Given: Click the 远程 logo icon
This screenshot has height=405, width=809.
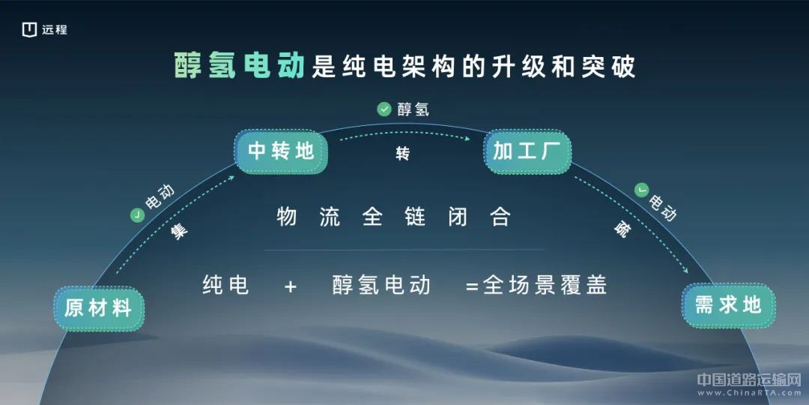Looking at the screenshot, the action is (29, 30).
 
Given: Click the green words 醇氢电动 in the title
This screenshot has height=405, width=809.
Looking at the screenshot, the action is (240, 67).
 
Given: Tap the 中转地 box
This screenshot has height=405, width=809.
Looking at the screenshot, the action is (281, 151).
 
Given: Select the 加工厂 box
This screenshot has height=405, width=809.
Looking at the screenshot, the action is (527, 151).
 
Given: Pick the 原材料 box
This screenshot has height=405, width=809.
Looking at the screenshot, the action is (99, 308).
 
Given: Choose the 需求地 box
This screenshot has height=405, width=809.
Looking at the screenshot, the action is (728, 304).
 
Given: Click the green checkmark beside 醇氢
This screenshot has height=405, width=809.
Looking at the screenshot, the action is (384, 109).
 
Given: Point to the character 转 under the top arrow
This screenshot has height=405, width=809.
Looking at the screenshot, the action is (403, 154).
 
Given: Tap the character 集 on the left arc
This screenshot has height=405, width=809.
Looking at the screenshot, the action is (179, 231).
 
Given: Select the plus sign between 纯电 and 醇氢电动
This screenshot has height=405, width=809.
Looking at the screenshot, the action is (291, 286).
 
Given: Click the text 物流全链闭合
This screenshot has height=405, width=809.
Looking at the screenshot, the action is (393, 217).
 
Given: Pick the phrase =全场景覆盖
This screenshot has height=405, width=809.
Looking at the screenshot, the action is (536, 285).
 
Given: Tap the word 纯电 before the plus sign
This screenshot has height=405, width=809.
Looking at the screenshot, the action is (226, 285).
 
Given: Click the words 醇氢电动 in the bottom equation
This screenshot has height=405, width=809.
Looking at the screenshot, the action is (381, 285).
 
